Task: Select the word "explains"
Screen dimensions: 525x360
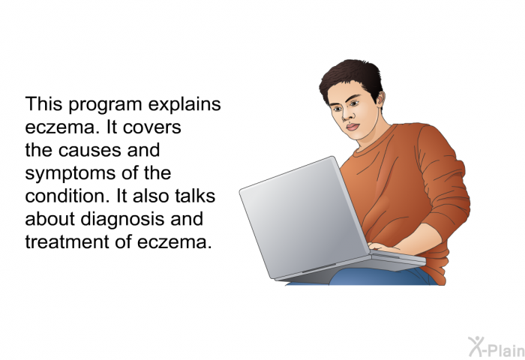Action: tap(184, 105)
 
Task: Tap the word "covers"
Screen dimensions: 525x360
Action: tap(152, 127)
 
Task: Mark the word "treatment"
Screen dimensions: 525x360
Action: tap(67, 242)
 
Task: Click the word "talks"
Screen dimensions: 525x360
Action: tap(196, 196)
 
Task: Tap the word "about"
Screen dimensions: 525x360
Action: tap(50, 219)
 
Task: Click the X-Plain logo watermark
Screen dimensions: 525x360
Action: tap(496, 347)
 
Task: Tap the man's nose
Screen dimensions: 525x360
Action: tap(346, 115)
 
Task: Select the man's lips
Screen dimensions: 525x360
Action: tap(352, 127)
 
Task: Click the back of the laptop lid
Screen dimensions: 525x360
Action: tap(303, 217)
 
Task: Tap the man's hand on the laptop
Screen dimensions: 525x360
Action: tap(385, 248)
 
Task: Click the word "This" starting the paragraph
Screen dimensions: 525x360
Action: tap(43, 103)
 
